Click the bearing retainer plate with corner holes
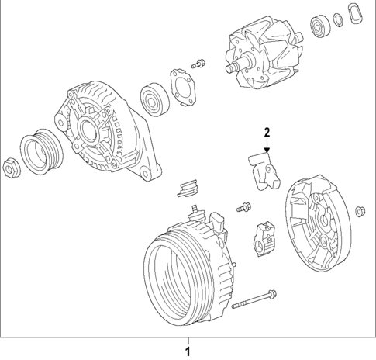coord(180,85)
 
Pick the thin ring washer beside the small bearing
coord(339,20)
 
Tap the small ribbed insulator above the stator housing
coord(188,187)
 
